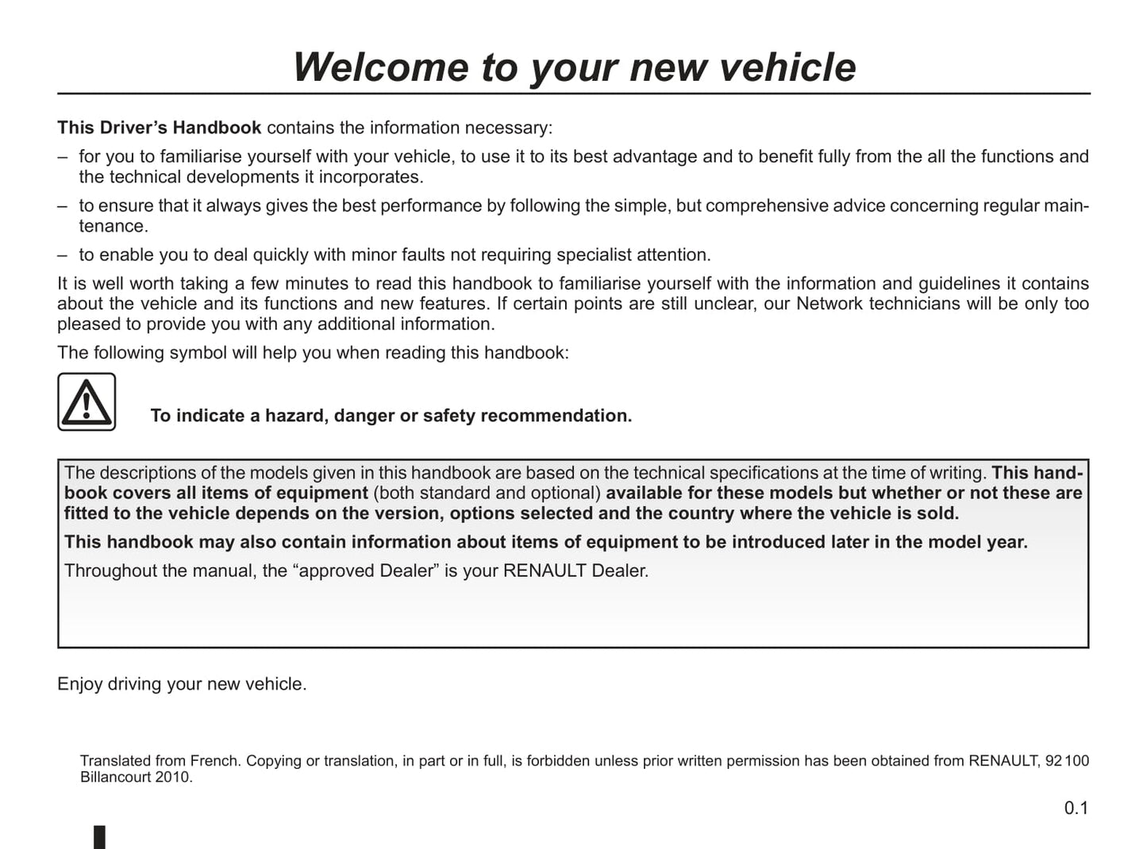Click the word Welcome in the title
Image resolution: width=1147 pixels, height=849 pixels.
[380, 67]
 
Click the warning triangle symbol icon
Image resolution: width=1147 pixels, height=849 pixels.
[87, 401]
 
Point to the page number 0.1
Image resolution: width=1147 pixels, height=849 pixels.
[1076, 808]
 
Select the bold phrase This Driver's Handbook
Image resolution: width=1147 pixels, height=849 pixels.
[159, 128]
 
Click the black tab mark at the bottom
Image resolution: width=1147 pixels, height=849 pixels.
[100, 837]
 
